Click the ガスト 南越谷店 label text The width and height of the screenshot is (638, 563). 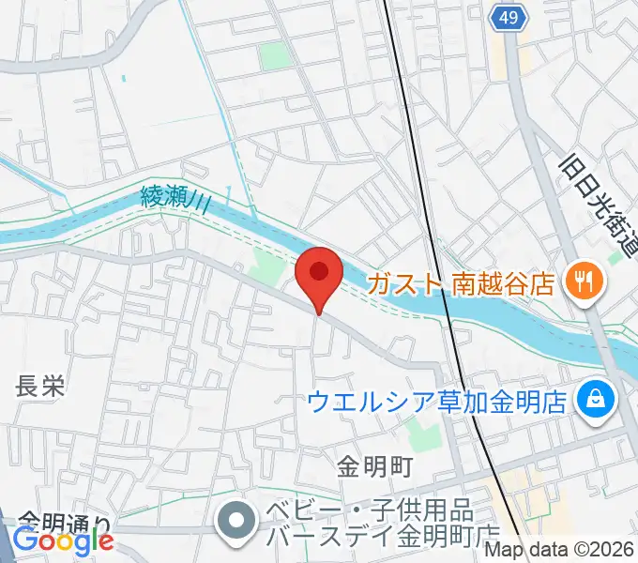point(460,282)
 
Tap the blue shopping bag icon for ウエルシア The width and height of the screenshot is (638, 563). point(595,400)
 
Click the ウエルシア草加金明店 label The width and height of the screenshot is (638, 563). point(437,402)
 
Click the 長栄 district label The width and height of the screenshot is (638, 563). point(39,386)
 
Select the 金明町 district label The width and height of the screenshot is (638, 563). point(375,464)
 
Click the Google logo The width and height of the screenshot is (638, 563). point(63,540)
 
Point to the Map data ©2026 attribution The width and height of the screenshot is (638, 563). point(560,551)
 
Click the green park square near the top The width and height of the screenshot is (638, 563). point(276,56)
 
